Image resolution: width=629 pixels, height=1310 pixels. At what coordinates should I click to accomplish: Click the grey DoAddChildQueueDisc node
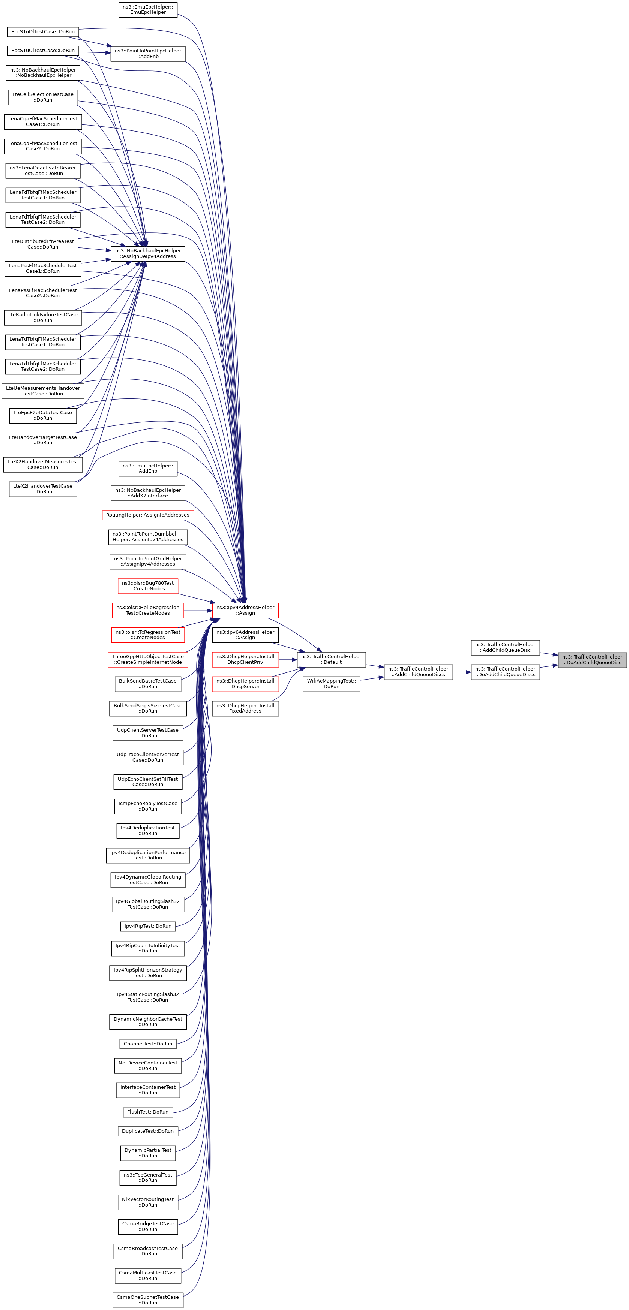592,660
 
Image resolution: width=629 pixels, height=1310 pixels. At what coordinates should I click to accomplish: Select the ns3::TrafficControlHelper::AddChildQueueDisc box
505,647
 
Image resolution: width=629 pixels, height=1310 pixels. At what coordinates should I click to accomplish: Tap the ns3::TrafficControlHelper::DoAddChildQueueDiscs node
505,672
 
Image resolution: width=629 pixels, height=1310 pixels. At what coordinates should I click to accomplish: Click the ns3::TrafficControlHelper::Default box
331,660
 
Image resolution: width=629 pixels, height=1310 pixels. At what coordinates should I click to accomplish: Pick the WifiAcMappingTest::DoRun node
331,684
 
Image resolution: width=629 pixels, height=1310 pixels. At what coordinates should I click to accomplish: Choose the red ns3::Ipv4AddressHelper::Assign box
245,610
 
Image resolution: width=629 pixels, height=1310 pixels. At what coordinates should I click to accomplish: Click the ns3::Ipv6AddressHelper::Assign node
245,635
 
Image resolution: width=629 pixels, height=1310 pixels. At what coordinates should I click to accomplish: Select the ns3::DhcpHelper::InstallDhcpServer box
245,684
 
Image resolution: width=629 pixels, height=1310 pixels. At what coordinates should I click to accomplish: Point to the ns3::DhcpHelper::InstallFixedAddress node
245,708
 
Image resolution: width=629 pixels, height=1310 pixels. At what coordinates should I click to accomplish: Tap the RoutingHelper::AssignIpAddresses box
147,515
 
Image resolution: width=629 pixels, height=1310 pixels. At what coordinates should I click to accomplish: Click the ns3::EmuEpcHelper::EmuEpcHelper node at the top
147,10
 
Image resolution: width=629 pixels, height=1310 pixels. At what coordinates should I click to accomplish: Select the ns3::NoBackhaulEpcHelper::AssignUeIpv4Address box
147,253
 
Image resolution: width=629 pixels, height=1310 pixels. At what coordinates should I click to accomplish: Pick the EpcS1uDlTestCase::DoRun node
43,31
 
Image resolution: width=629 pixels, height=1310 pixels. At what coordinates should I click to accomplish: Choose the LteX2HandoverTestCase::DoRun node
43,489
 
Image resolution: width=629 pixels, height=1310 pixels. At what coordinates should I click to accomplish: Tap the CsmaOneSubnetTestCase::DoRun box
147,1300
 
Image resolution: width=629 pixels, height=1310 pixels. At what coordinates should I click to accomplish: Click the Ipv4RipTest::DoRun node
147,926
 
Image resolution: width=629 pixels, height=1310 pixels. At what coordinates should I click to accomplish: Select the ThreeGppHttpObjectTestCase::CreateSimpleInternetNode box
147,660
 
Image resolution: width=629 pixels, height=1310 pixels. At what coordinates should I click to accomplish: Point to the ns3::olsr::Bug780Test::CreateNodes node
147,586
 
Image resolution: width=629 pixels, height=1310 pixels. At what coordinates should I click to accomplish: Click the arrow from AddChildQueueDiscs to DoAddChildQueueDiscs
462,672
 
